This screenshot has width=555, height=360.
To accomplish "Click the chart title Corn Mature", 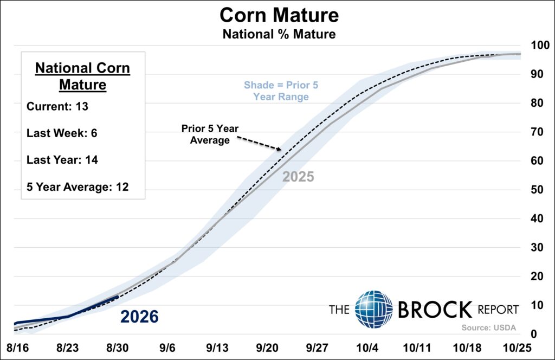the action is click(x=279, y=16).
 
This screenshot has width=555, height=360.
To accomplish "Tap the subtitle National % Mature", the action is click(x=279, y=34).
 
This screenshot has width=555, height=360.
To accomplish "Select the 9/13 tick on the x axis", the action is click(x=217, y=348).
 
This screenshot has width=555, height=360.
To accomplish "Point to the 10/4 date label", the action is click(x=367, y=348).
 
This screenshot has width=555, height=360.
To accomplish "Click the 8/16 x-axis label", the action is click(x=18, y=348).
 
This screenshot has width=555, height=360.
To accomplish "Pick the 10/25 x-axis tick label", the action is click(x=517, y=348).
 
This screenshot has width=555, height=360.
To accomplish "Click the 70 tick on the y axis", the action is click(x=537, y=132).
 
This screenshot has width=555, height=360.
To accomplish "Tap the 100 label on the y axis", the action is click(x=540, y=46).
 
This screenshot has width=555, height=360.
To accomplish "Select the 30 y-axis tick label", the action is click(x=537, y=247).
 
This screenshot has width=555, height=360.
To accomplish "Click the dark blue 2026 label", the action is click(x=139, y=317).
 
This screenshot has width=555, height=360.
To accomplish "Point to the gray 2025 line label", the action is click(x=298, y=177).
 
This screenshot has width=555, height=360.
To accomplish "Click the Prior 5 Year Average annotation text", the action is click(x=210, y=134).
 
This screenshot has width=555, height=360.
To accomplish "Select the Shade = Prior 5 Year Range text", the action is click(x=281, y=91).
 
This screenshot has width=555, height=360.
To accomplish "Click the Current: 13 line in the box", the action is click(x=57, y=107).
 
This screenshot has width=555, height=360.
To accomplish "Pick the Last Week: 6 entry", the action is click(x=62, y=133).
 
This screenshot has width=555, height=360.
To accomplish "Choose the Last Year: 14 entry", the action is click(x=62, y=160).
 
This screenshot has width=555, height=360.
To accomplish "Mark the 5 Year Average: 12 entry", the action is click(x=78, y=187).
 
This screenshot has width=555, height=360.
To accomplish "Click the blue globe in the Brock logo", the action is click(x=374, y=310).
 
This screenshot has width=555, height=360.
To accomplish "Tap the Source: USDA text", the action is click(x=489, y=328).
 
